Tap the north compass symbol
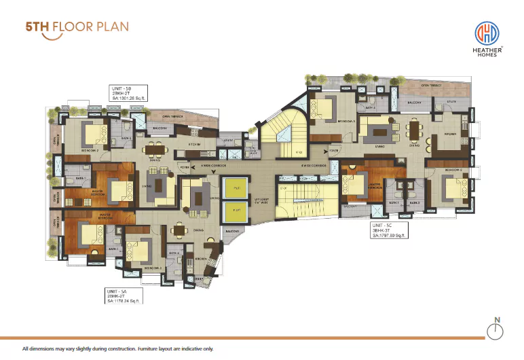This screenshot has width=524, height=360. (498, 330)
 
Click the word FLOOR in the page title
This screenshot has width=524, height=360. (74, 28)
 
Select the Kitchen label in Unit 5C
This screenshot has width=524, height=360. (451, 134)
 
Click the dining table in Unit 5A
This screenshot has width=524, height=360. (179, 230)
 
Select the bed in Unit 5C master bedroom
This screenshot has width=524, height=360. (355, 184)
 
